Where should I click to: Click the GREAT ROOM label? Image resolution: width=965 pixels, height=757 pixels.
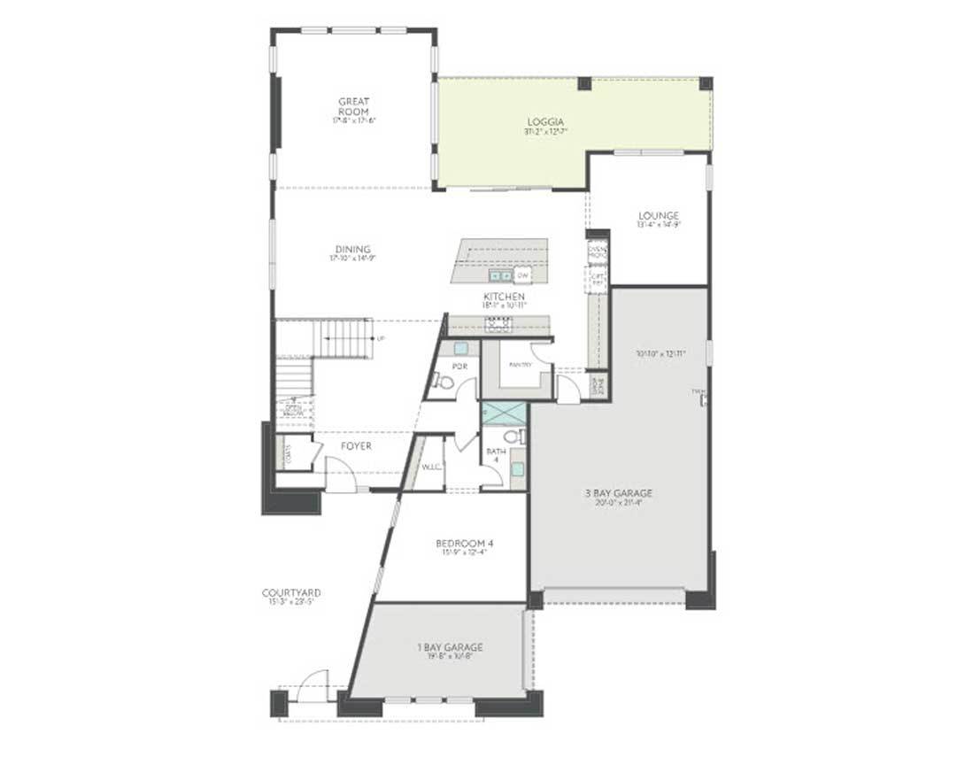tap(353, 106)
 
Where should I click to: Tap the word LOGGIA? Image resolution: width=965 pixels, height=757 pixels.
tap(544, 121)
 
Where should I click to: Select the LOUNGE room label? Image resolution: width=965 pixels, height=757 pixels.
tap(658, 215)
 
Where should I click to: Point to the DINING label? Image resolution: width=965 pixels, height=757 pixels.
tap(352, 250)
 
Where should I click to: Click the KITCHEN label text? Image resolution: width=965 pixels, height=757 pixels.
tap(504, 297)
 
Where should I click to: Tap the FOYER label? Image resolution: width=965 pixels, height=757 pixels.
tap(357, 446)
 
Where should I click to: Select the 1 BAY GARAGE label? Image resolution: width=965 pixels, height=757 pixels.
tap(450, 647)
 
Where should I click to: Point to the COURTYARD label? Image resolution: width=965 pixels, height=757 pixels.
tap(291, 592)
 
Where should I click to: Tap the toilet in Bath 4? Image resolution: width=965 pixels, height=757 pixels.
tap(513, 436)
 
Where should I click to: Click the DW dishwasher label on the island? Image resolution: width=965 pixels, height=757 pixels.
tap(522, 275)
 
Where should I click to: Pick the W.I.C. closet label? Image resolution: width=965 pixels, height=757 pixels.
tap(431, 466)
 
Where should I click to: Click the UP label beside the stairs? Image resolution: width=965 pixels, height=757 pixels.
tap(382, 339)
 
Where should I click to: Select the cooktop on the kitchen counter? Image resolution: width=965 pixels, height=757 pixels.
tap(498, 324)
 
